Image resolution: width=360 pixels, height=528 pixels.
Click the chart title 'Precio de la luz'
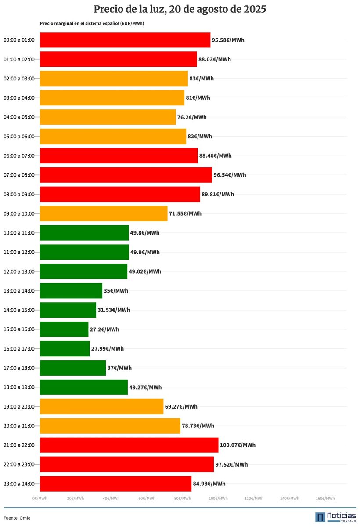point(180,9)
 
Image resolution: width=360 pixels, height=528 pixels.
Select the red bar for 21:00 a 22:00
point(129,445)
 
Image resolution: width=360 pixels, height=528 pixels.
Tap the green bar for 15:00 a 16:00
point(64,329)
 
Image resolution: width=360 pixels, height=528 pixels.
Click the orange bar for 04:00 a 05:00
point(108,117)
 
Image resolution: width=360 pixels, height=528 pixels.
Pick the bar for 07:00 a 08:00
point(126,175)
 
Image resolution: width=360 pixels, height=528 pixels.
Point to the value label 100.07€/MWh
point(238,445)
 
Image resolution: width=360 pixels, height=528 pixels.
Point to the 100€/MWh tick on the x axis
point(218,498)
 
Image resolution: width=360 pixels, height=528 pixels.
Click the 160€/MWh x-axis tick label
point(325,498)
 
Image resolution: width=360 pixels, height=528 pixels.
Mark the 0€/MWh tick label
point(40,498)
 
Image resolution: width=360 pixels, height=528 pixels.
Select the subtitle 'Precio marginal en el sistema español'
point(92,23)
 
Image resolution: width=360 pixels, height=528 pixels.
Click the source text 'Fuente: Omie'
point(17,518)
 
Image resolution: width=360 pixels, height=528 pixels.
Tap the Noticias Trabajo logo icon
point(320,517)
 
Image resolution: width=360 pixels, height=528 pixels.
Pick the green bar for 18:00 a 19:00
point(83,387)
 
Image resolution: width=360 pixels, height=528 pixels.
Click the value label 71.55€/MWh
point(185,213)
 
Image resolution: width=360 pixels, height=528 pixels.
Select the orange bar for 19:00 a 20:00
point(101,406)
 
